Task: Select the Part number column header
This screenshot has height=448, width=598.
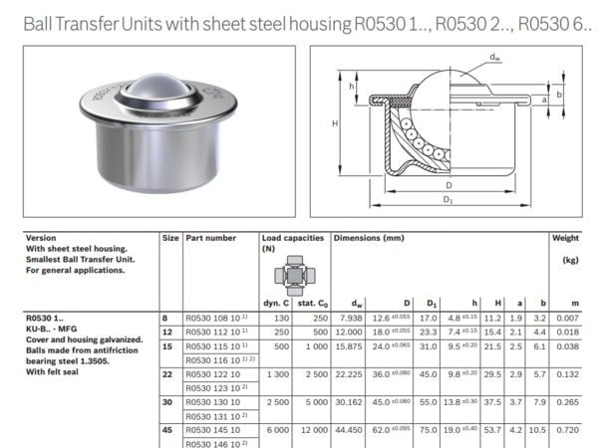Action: point(210,239)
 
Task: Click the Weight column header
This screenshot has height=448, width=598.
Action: point(565,239)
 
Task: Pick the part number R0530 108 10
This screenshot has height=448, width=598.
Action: point(213,317)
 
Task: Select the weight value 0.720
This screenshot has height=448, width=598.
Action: point(568,430)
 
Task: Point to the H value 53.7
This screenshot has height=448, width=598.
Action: point(491,430)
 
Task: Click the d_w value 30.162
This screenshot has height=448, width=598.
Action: point(349,402)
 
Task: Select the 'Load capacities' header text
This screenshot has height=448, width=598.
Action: point(293,239)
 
